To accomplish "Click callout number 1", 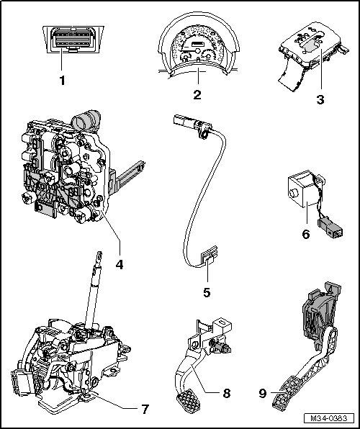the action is (63, 81).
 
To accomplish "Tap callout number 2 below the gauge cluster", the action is (197, 95).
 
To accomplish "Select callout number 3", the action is (320, 99).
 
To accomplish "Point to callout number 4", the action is (120, 265).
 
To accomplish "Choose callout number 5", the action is (207, 292).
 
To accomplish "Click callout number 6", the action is (306, 234).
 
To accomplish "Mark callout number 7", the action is (145, 409).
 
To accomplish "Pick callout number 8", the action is (227, 394).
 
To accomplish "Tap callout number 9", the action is (263, 394).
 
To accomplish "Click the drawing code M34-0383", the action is (329, 418).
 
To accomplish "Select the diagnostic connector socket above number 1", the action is (73, 38).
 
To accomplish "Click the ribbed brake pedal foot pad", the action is (189, 401).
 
